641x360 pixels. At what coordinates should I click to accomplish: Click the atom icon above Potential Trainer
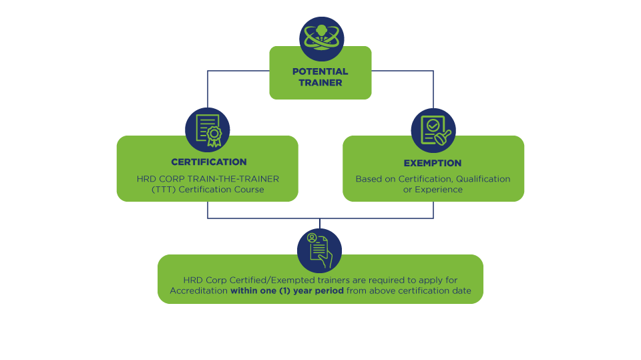(x=320, y=37)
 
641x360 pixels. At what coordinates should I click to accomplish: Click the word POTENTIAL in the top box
(x=320, y=71)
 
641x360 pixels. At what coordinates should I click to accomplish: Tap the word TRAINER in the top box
(x=320, y=83)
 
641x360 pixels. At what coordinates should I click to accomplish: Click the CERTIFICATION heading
(x=208, y=162)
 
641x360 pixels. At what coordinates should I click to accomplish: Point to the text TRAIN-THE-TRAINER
(x=240, y=179)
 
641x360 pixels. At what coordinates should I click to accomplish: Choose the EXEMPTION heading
(x=433, y=163)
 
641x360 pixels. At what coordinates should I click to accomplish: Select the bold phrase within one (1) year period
(x=286, y=291)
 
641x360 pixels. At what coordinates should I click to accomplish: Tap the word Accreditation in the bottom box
(x=198, y=291)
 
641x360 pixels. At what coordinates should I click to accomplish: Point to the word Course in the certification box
(x=249, y=190)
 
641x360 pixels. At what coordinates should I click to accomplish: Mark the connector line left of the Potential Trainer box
(x=238, y=71)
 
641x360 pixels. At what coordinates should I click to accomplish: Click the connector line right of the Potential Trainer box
(x=402, y=71)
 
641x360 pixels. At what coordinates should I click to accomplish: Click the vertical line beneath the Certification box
(x=208, y=210)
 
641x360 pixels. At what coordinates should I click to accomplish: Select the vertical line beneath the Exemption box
(x=433, y=210)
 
